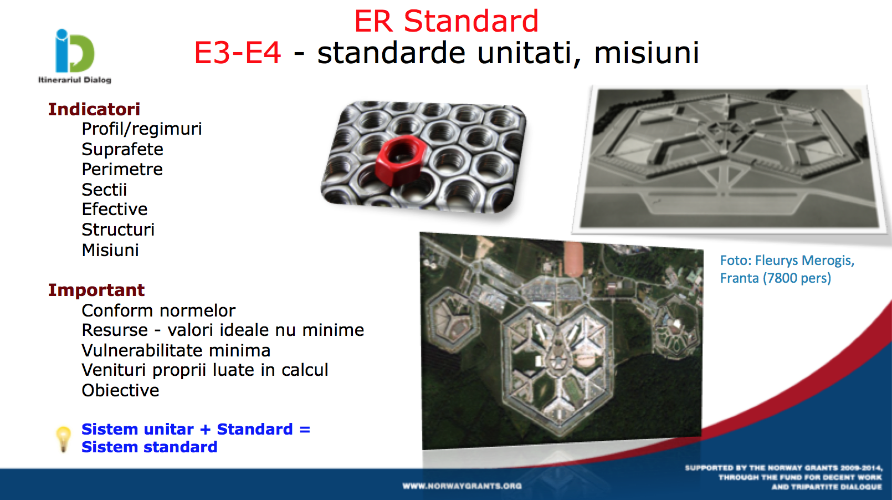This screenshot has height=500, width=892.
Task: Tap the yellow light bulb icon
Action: (x=63, y=438)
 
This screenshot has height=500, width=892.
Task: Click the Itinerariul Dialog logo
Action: (x=74, y=56)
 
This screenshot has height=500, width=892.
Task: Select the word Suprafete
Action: (x=122, y=150)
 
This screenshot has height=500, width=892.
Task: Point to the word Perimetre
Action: (x=122, y=169)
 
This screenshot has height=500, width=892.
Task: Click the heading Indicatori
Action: (x=94, y=109)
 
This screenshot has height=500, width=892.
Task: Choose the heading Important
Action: (x=96, y=290)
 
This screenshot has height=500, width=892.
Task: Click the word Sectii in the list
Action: (x=104, y=190)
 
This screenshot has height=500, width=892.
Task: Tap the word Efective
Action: (x=114, y=209)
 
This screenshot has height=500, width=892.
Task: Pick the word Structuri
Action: (x=118, y=229)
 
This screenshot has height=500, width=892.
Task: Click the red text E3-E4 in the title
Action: (x=238, y=53)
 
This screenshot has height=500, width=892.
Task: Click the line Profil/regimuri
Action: (x=141, y=129)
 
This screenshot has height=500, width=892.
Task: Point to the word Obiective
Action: (x=120, y=390)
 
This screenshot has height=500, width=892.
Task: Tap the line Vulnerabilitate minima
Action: (x=176, y=350)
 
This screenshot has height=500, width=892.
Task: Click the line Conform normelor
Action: (x=158, y=311)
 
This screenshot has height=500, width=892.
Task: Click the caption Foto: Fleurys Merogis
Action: (x=787, y=261)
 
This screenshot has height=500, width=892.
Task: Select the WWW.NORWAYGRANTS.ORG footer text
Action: (x=462, y=486)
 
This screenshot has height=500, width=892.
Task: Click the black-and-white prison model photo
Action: (x=730, y=159)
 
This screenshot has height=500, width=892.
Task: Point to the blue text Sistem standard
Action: (x=150, y=447)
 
